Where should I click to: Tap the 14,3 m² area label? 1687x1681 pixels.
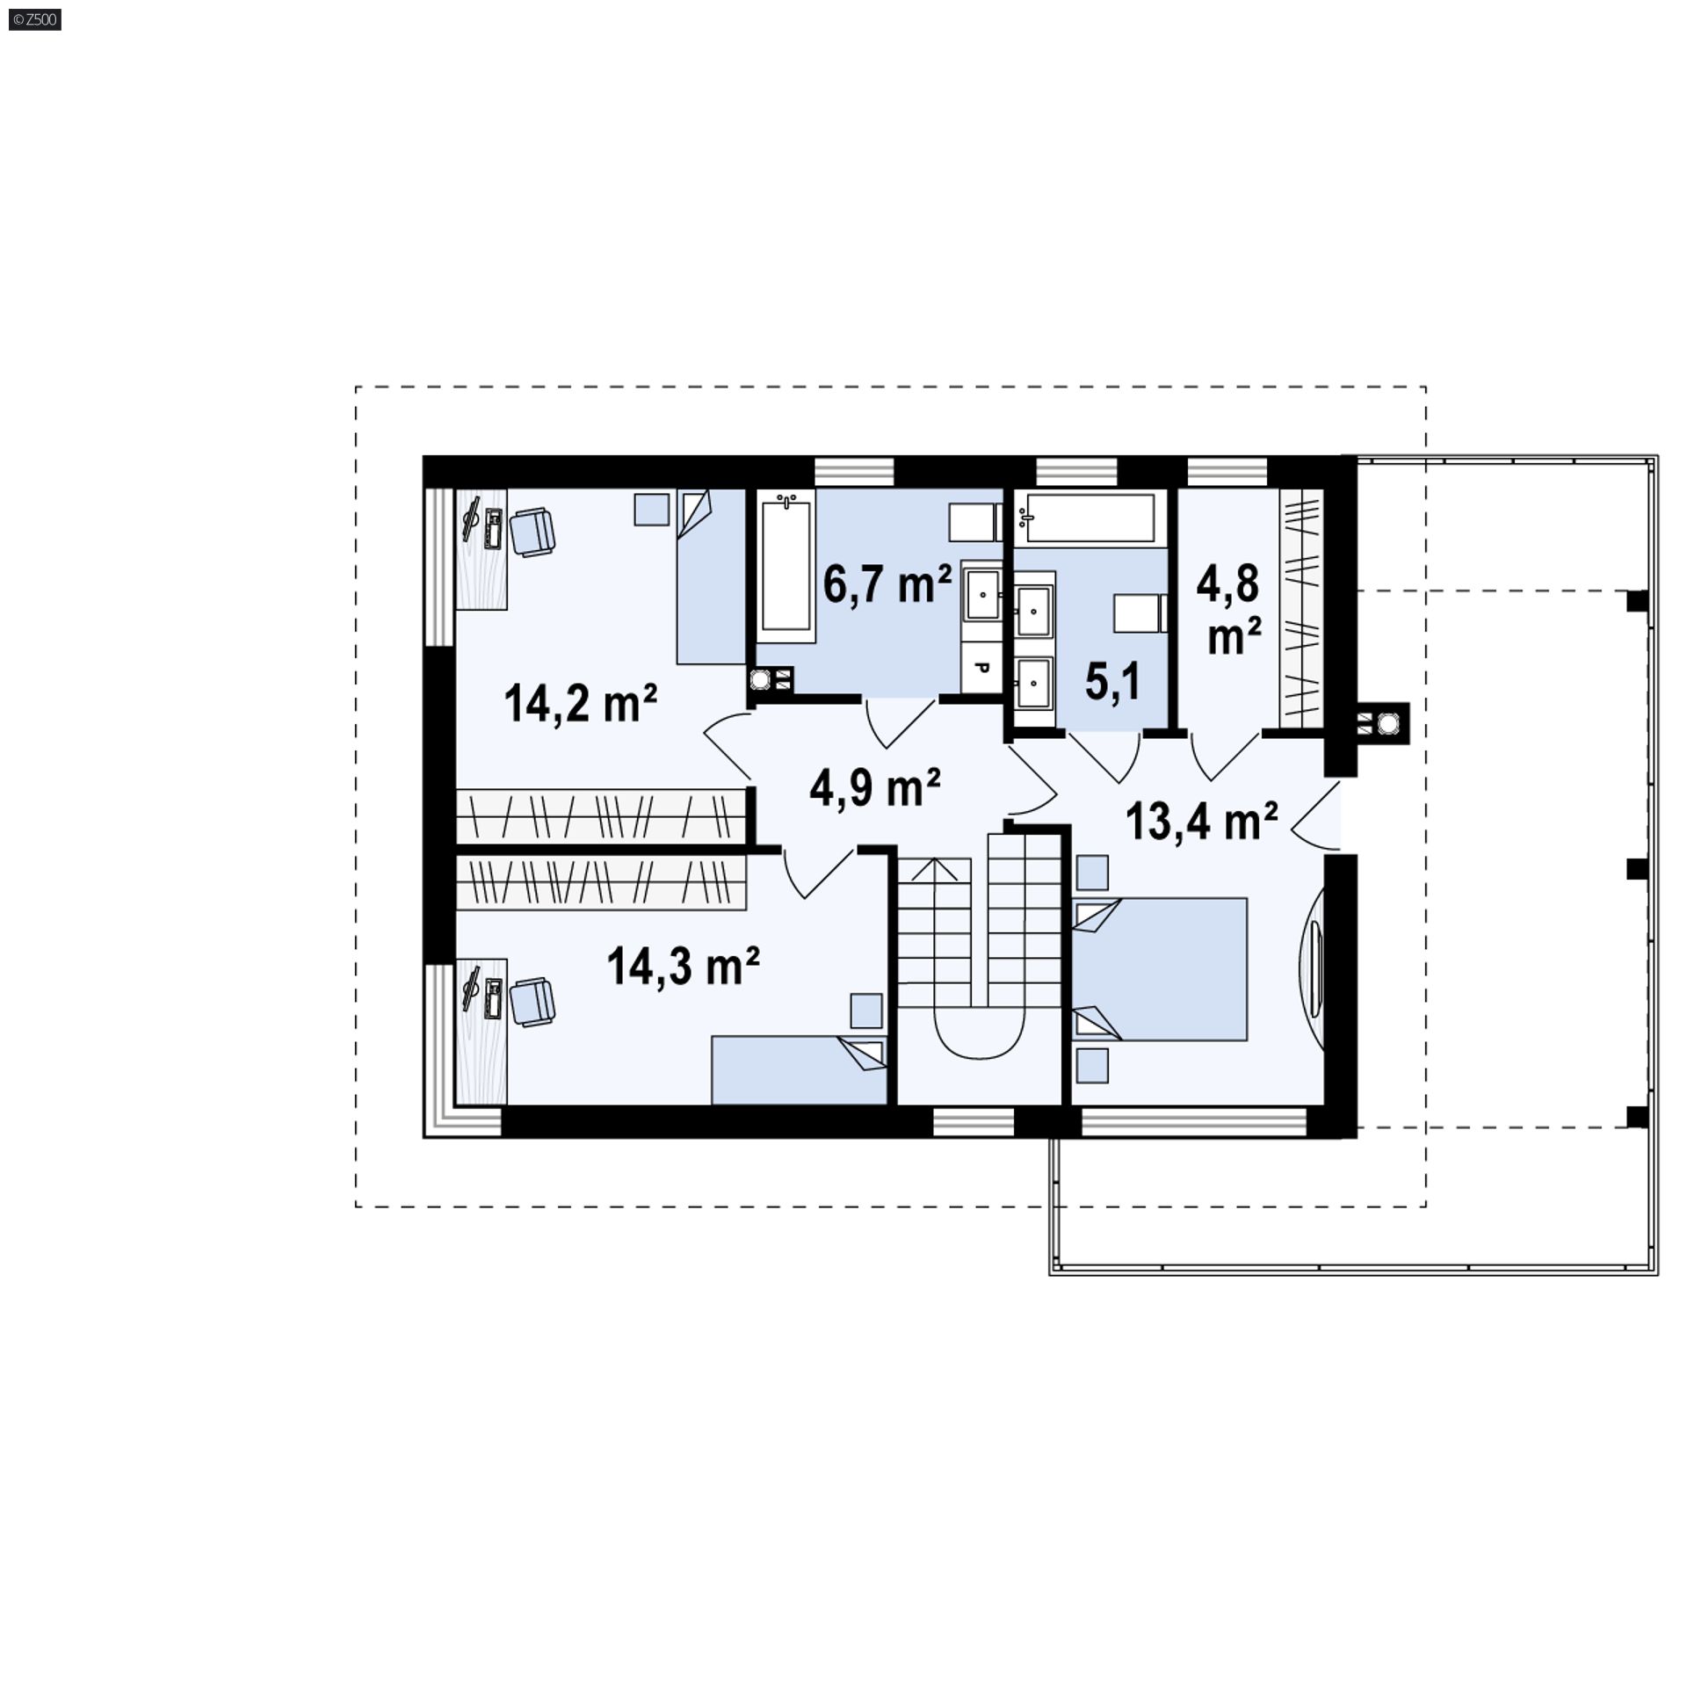[x=683, y=967]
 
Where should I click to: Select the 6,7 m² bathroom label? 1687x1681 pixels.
[x=887, y=583]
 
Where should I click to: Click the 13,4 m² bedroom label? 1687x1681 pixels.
[x=1201, y=821]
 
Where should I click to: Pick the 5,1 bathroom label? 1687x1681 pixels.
[x=1113, y=682]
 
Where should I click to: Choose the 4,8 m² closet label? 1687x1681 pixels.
[x=1234, y=608]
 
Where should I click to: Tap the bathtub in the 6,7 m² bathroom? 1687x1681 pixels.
[x=786, y=562]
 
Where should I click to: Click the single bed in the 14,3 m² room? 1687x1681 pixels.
[x=799, y=1070]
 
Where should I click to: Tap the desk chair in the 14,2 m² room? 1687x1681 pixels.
[x=532, y=533]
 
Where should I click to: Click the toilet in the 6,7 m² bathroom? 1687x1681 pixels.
[x=975, y=522]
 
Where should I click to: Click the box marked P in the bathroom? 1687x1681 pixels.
[x=982, y=669]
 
